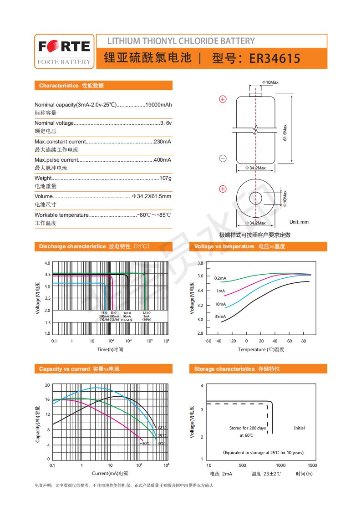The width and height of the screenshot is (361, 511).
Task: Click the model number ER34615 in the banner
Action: click(x=275, y=59)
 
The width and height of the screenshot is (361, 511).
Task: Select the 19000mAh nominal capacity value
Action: click(x=158, y=105)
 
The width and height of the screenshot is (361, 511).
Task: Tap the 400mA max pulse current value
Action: click(x=162, y=160)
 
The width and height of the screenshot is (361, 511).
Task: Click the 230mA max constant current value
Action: click(x=162, y=142)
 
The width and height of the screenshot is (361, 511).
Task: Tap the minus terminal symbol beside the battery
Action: click(x=223, y=158)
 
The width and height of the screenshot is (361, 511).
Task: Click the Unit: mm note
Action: click(x=299, y=222)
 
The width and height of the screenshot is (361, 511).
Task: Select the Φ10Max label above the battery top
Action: click(x=270, y=82)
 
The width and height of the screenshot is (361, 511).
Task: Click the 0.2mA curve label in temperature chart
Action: click(x=220, y=278)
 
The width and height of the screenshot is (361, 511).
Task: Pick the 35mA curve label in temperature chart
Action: click(x=220, y=316)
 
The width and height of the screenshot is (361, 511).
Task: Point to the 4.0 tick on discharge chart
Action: click(x=47, y=263)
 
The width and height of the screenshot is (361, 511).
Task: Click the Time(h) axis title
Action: click(x=110, y=349)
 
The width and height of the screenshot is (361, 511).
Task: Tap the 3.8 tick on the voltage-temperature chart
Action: click(x=200, y=263)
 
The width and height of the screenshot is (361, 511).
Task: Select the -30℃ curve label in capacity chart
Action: click(x=145, y=443)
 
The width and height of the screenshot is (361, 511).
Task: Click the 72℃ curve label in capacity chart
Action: click(x=162, y=428)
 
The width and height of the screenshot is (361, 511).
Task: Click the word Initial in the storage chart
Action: click(x=299, y=428)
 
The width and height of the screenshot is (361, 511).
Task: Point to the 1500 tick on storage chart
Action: click(x=312, y=465)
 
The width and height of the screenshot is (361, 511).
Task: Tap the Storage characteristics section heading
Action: click(x=237, y=369)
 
